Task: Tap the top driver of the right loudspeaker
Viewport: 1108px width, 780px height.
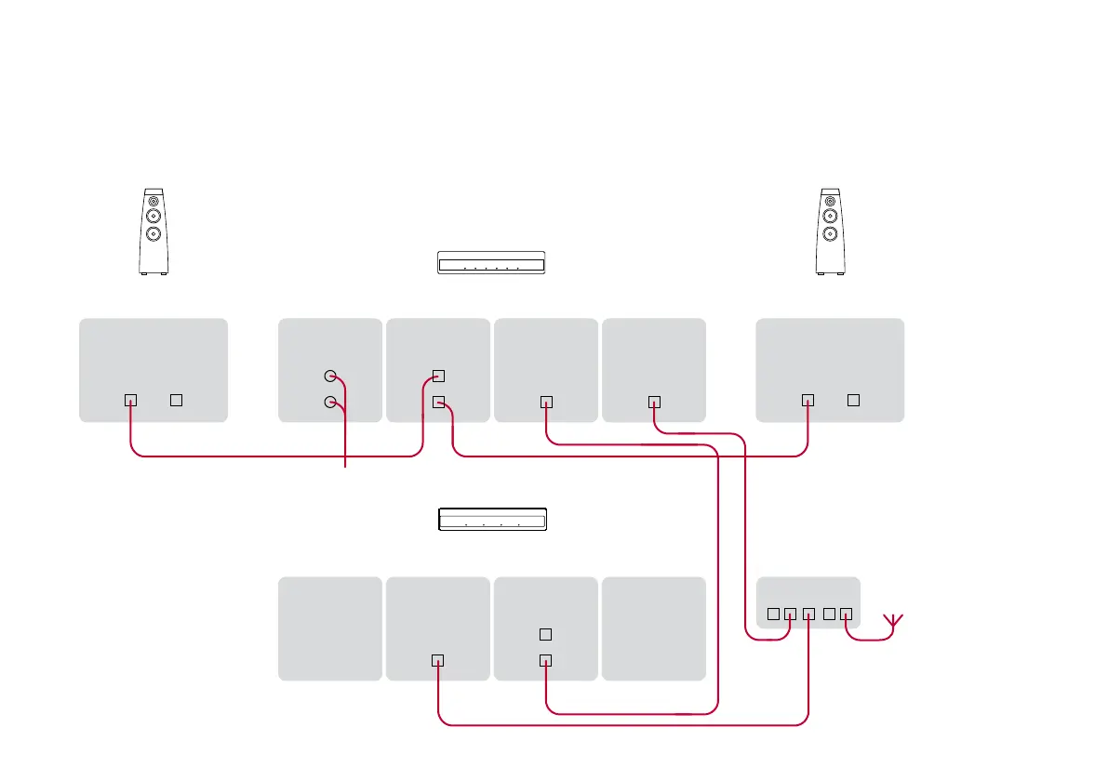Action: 830,200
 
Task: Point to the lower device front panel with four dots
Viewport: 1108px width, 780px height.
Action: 491,519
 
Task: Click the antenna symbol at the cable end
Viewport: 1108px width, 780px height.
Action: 892,624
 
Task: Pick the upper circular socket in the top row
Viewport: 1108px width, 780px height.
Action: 329,377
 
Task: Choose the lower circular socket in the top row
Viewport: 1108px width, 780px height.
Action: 329,403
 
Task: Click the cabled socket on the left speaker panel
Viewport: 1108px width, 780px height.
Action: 130,400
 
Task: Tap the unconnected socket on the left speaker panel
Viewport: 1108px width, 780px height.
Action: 176,400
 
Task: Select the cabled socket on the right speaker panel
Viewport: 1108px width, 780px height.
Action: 808,400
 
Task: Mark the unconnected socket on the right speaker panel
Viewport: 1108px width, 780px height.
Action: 853,400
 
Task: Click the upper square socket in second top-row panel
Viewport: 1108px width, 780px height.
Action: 439,376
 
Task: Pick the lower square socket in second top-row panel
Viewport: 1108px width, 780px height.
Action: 439,402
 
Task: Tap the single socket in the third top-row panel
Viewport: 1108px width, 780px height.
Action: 546,402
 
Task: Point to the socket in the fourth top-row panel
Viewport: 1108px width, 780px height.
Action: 654,402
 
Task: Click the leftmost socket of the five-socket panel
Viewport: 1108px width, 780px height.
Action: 772,614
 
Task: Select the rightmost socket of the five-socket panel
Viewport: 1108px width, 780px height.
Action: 846,614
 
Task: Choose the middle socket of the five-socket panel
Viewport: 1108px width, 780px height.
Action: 808,614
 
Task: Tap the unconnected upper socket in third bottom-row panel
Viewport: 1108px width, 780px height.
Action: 546,634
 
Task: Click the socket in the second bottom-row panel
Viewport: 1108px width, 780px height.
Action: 438,660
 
